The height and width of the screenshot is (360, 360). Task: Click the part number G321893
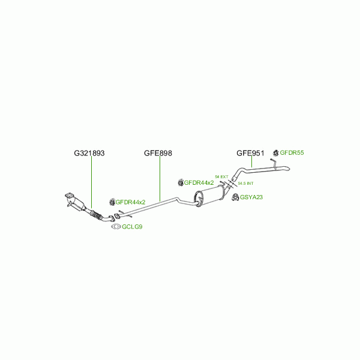click(89, 154)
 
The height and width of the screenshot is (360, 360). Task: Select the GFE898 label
click(158, 154)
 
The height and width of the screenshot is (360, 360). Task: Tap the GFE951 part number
click(250, 154)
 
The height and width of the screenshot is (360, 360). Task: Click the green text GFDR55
click(292, 153)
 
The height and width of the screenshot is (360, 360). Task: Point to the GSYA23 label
click(251, 197)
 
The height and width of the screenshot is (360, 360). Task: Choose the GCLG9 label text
click(132, 227)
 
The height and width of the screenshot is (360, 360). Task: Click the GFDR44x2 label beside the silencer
click(199, 182)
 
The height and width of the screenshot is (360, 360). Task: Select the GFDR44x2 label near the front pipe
click(131, 202)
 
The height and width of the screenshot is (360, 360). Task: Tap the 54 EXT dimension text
click(221, 176)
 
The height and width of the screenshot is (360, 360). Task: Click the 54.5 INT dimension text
click(246, 183)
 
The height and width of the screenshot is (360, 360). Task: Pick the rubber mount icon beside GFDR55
click(276, 153)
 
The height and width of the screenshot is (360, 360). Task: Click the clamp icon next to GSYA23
click(235, 197)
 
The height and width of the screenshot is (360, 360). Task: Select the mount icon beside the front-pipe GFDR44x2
click(112, 202)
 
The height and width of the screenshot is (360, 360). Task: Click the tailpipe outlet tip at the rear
click(286, 172)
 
